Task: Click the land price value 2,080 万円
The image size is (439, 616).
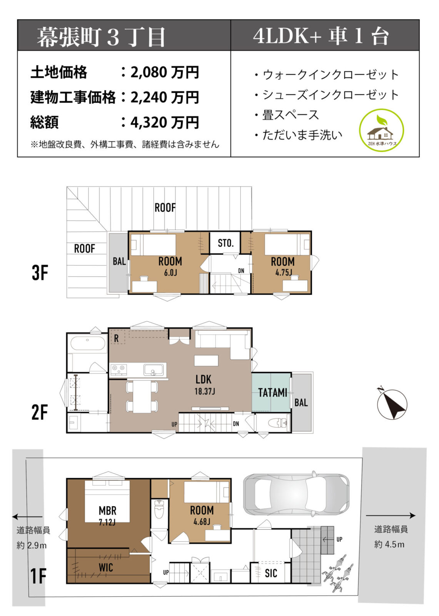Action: point(165,72)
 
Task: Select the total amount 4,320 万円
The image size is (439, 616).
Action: point(165,123)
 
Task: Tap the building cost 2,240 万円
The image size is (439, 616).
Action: point(165,97)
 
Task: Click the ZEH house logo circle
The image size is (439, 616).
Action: point(381,131)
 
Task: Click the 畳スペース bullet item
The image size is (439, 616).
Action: point(290,115)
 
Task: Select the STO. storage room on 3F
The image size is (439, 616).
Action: point(225,243)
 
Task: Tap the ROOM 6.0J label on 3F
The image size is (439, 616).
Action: point(170,266)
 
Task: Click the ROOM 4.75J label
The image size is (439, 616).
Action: point(283,266)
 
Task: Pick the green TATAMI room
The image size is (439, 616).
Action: point(272,392)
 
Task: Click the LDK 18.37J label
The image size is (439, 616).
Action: point(204,384)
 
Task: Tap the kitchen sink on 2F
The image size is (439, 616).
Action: point(153,370)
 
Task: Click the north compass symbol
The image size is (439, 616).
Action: point(392,403)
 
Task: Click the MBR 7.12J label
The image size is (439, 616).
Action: point(107,515)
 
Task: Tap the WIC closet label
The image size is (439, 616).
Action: point(105,567)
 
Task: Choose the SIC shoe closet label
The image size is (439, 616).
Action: point(271,573)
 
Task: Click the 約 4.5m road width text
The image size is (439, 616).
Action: point(389,544)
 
